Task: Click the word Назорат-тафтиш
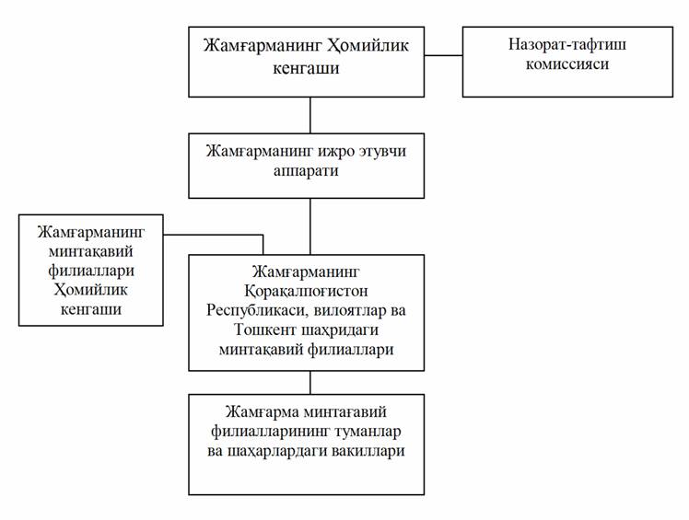pos(559,44)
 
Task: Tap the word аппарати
pos(309,171)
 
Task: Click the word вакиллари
pos(361,452)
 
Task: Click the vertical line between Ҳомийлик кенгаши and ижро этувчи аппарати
pos(309,115)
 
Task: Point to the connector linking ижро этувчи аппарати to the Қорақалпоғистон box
pos(309,226)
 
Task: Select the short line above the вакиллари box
pos(309,382)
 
